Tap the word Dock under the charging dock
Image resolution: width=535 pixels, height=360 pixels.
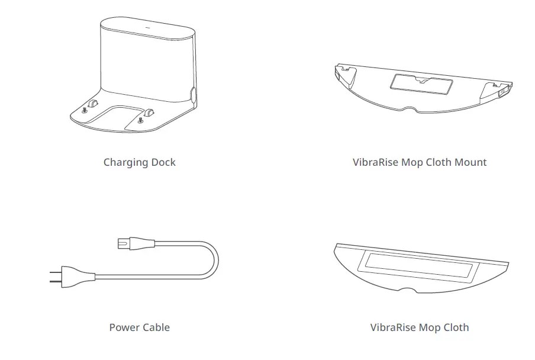pyautogui.click(x=162, y=162)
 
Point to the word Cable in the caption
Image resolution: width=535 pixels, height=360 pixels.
pyautogui.click(x=157, y=327)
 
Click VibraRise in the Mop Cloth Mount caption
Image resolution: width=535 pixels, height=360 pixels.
pyautogui.click(x=375, y=162)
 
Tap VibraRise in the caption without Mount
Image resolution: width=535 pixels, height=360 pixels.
pyautogui.click(x=393, y=327)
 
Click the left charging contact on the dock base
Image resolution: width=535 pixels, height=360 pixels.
pyautogui.click(x=92, y=104)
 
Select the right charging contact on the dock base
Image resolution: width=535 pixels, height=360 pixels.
pyautogui.click(x=149, y=111)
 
